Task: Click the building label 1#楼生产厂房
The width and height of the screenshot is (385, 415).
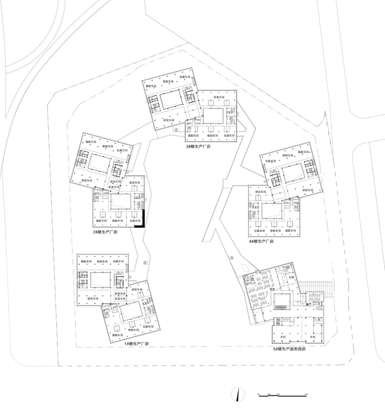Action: [137, 344]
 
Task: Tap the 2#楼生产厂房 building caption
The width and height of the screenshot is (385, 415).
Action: [105, 232]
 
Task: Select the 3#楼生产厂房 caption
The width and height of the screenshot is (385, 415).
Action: [198, 147]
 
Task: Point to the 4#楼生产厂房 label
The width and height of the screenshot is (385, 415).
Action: [261, 241]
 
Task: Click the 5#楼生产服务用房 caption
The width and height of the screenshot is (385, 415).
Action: [289, 349]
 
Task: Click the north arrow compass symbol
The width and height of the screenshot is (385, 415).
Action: [238, 395]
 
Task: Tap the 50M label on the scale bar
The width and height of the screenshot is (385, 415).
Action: [306, 394]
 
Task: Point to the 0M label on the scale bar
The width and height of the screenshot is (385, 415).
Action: [259, 394]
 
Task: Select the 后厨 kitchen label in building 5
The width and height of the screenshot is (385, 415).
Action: [291, 277]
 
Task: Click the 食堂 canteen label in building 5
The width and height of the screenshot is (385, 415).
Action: [273, 289]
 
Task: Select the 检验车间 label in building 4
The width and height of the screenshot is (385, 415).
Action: [275, 231]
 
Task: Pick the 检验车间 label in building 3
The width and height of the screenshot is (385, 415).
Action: [168, 81]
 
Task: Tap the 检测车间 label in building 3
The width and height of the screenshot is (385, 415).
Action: [212, 136]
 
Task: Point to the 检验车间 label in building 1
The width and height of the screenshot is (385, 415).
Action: [133, 330]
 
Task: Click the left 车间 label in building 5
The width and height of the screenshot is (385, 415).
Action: [283, 337]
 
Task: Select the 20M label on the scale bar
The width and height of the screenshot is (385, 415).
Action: [278, 394]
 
